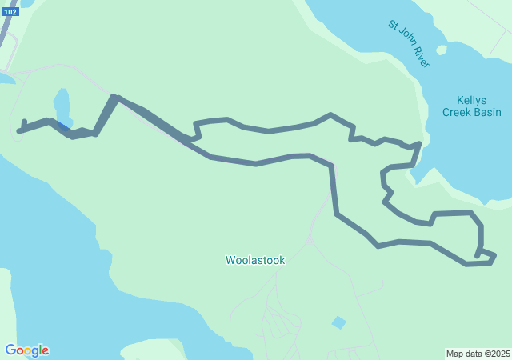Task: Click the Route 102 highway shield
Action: point(10,12)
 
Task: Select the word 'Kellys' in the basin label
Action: point(472,100)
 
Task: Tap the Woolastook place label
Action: point(255,260)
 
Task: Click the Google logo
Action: point(26,350)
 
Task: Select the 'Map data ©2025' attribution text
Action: point(478,354)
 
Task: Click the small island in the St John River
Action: point(442,50)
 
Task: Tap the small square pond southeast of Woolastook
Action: point(339,322)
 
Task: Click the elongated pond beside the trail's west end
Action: point(62,106)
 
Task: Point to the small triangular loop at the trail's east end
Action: point(486,255)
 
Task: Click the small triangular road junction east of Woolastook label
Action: point(310,239)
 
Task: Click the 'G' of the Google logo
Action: point(10,350)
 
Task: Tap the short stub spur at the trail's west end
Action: point(25,124)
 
